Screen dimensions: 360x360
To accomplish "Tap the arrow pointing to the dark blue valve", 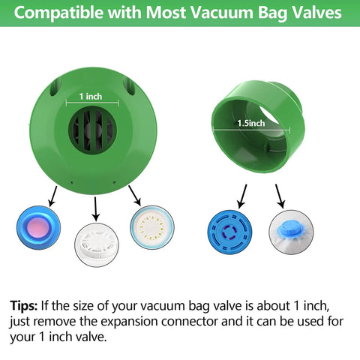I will pyautogui.click(x=241, y=196).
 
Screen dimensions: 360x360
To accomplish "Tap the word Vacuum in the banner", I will pyautogui.click(x=202, y=13).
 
